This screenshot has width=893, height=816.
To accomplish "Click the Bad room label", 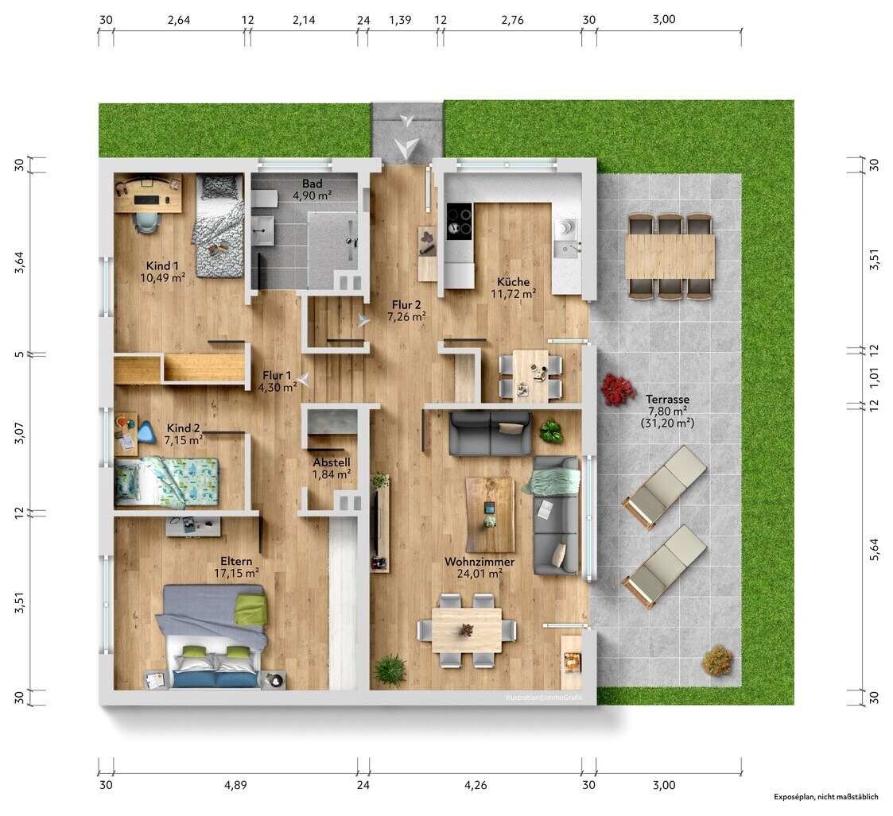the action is click(312, 184).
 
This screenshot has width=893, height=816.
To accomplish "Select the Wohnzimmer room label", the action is click(480, 562).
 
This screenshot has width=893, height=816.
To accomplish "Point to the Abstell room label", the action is click(332, 462).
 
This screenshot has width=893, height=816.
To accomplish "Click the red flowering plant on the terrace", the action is click(618, 389).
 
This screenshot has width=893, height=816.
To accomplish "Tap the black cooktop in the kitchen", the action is click(459, 221).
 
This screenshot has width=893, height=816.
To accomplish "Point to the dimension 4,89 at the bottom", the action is click(236, 785).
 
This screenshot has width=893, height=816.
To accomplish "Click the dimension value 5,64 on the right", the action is click(874, 550).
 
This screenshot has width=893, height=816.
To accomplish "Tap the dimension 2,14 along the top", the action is click(304, 20).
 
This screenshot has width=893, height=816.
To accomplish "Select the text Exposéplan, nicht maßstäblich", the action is click(825, 797).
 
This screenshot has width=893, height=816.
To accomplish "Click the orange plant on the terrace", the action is click(717, 661).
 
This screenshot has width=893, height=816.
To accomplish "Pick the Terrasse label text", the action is click(667, 400).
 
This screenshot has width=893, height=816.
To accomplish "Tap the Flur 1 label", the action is click(277, 376).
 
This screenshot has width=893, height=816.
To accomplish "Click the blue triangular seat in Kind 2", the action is click(146, 431).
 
